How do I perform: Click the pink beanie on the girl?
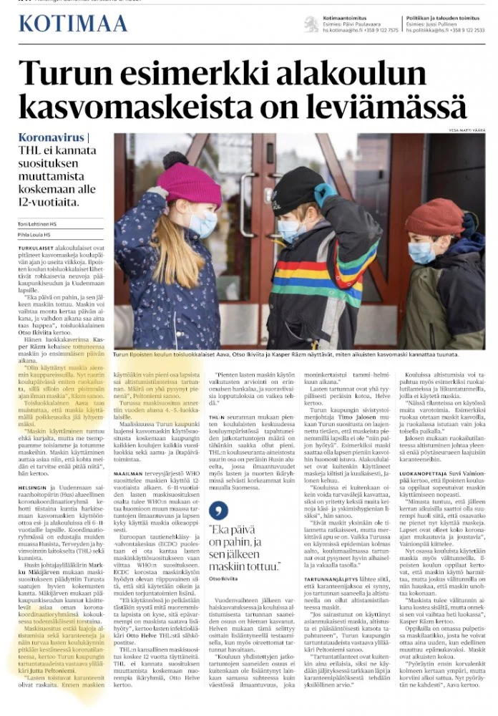pyautogui.click(x=188, y=183)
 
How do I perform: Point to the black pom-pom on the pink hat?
pyautogui.click(x=175, y=158)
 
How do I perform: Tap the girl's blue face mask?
pyautogui.click(x=202, y=225)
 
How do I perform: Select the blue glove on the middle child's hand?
pyautogui.click(x=325, y=193)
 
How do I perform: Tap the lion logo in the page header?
pyautogui.click(x=311, y=24)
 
